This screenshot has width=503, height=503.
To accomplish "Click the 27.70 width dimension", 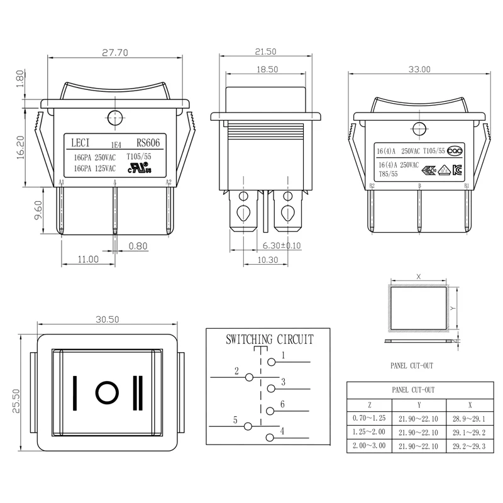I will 114,53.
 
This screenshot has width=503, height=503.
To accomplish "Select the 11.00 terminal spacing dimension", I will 88,258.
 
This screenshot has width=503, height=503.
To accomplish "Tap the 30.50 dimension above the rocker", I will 108,319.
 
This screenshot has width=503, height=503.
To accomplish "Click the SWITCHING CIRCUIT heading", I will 270,340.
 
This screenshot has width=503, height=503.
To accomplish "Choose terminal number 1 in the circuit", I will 284,356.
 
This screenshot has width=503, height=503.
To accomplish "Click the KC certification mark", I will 456,169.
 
